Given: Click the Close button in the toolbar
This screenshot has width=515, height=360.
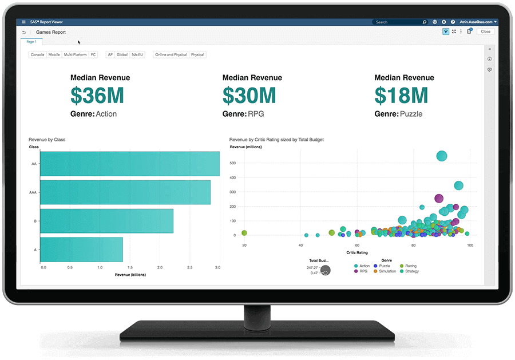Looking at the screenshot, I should [485, 31].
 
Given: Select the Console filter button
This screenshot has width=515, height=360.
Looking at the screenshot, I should [38, 55].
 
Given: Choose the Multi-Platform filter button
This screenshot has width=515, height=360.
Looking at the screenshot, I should [75, 55].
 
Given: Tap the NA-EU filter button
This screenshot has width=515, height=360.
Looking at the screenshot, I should [137, 55].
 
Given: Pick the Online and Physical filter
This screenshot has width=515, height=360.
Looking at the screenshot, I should [171, 55].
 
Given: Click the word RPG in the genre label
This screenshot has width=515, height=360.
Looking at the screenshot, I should [256, 114].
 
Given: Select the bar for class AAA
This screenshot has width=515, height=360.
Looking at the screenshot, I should [125, 192].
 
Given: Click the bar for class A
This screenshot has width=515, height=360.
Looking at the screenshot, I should [81, 250].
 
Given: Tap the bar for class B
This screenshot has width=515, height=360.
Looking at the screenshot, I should [106, 221].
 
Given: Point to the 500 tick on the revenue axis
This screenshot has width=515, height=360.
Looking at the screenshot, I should [233, 163].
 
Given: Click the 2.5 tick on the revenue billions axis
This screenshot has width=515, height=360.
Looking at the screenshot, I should [188, 267].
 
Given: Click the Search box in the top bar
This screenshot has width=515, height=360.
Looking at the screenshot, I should [398, 22].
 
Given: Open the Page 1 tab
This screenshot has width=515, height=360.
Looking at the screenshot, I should [31, 42].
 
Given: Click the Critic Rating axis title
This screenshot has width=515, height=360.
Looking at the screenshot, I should [357, 252].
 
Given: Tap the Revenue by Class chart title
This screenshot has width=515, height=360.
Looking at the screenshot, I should [47, 139].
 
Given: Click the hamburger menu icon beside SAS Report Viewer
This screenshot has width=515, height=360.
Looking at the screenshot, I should [23, 22].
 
